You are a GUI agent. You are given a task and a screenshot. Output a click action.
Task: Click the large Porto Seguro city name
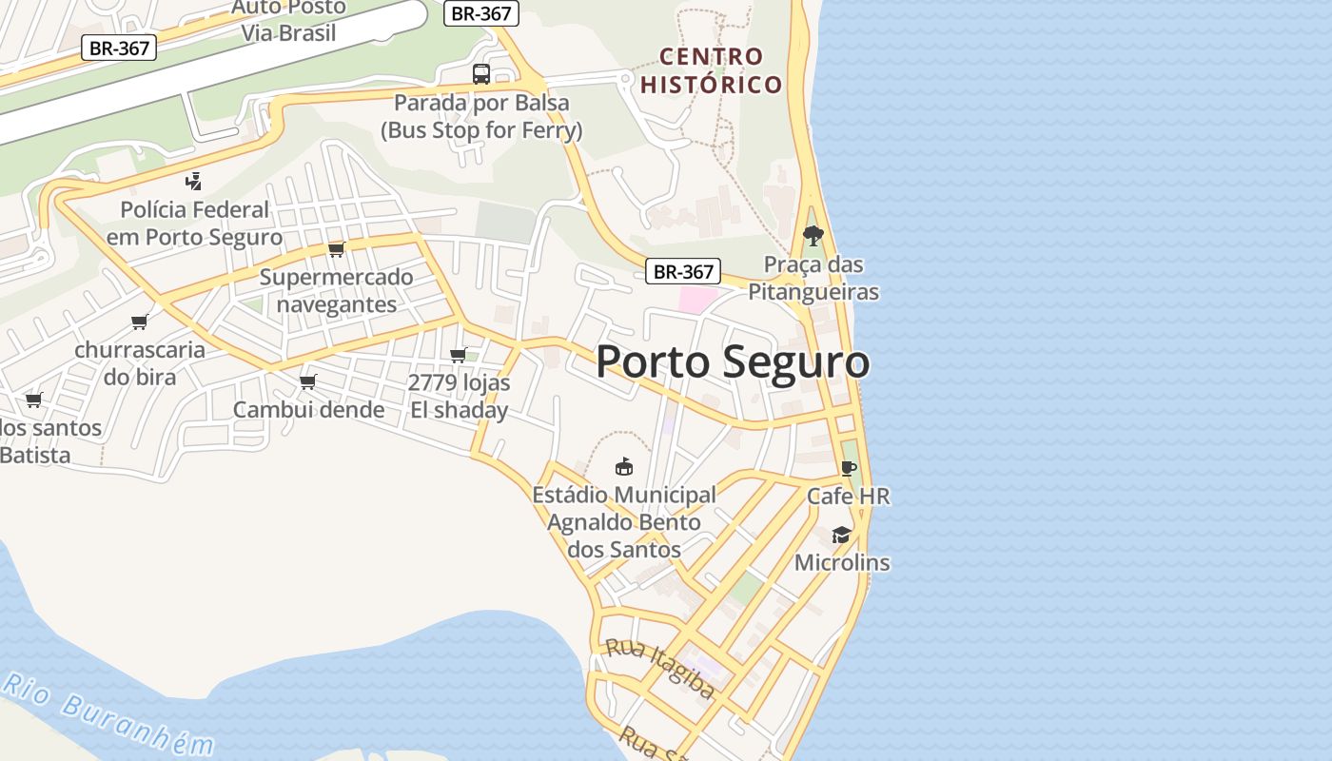(733, 362)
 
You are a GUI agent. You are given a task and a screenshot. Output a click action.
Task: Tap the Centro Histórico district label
(711, 70)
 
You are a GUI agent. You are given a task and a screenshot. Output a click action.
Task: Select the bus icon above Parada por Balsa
(481, 74)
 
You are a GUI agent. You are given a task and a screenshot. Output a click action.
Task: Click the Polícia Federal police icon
(193, 181)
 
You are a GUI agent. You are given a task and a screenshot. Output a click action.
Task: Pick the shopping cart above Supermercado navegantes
(336, 249)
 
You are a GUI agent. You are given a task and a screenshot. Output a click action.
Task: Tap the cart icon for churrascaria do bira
(140, 322)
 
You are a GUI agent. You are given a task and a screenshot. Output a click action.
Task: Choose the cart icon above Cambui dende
(307, 381)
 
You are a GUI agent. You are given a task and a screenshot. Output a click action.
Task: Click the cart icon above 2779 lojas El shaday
(458, 355)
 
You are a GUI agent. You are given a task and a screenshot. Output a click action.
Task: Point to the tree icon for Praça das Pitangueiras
(813, 235)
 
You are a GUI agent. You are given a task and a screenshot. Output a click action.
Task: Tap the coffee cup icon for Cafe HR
(848, 468)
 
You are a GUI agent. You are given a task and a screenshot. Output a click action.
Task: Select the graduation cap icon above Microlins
(841, 535)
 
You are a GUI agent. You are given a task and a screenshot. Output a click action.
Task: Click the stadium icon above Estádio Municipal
(624, 466)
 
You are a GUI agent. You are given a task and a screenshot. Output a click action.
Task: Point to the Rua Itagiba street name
(660, 669)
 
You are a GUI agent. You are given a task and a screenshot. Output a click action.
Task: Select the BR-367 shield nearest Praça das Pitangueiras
(683, 271)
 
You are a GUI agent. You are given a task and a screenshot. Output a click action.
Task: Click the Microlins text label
(842, 562)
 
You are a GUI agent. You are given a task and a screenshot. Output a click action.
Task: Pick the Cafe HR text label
(849, 496)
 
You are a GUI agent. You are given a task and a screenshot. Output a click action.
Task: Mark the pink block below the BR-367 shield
(697, 300)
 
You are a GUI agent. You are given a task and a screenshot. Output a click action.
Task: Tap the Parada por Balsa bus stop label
(481, 116)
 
